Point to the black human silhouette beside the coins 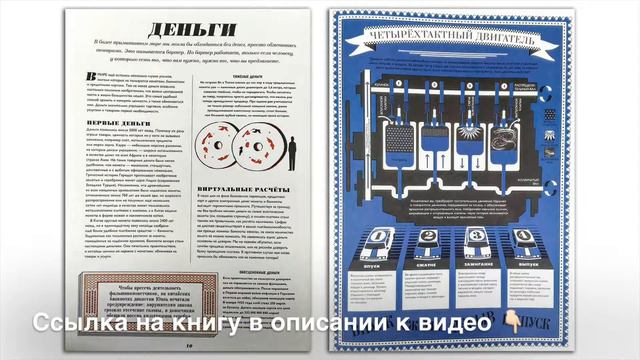click(x=292, y=152)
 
